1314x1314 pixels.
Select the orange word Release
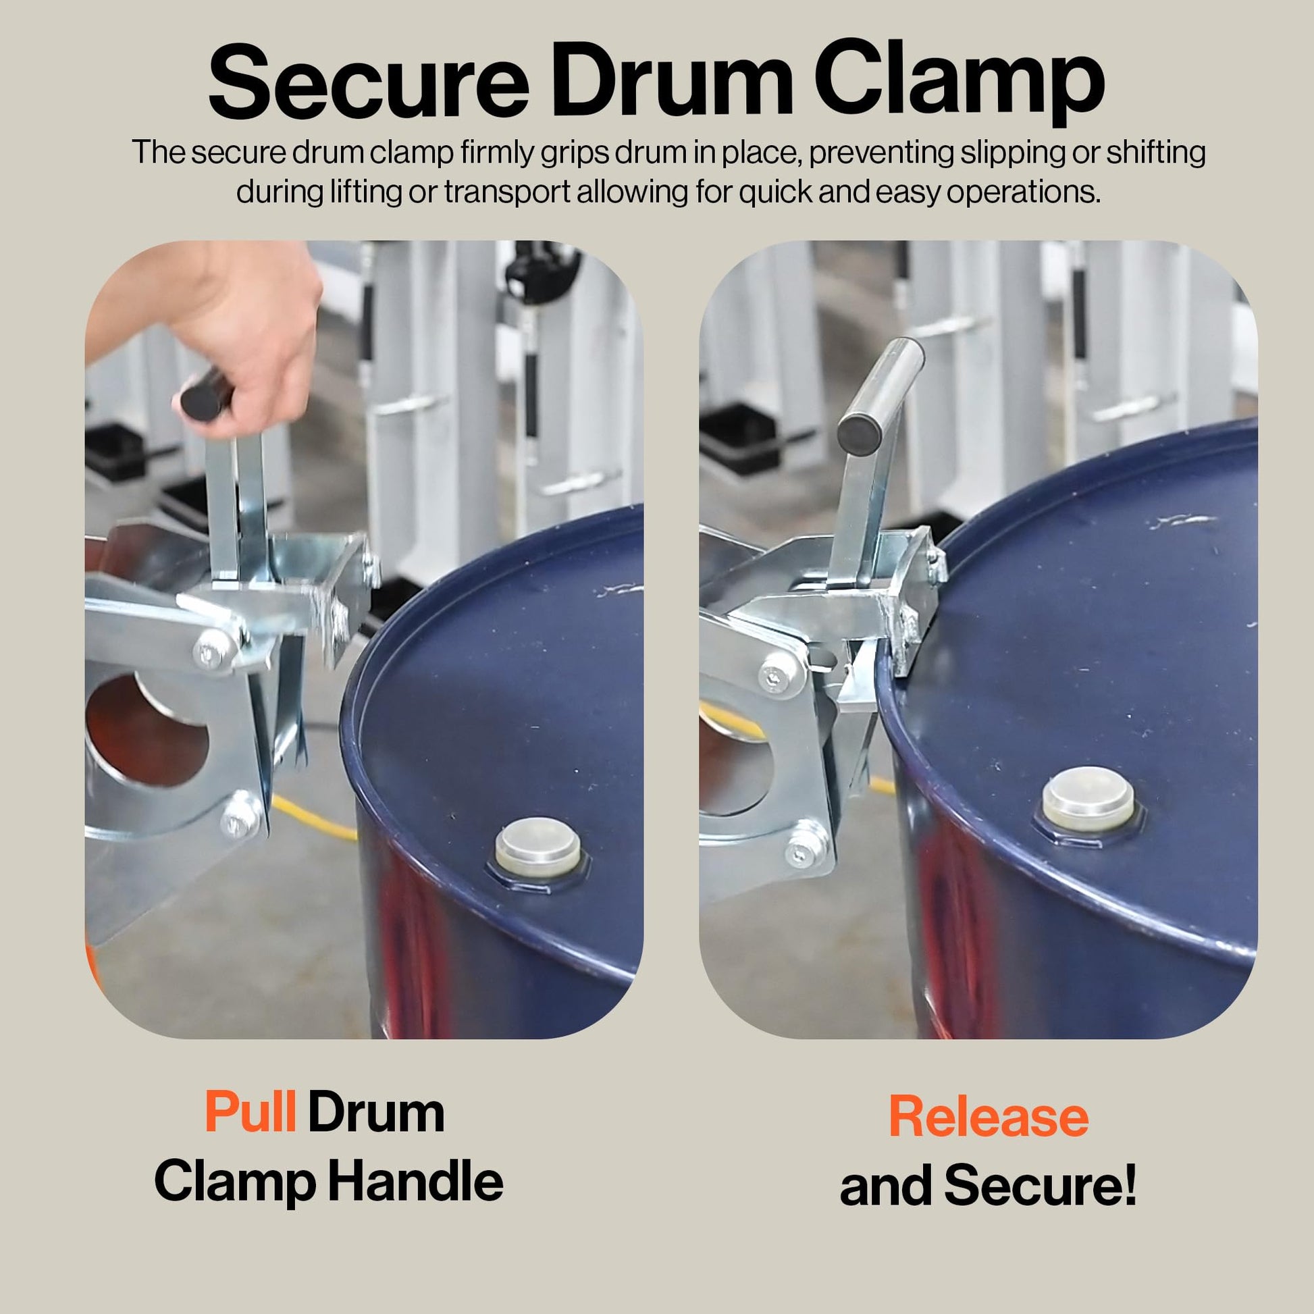(989, 1117)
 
